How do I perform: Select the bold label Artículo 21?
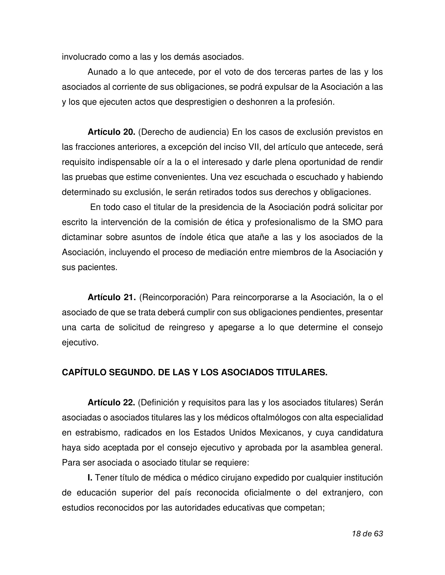click(111, 298)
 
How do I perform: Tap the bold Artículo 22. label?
click(111, 403)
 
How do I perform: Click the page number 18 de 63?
click(367, 534)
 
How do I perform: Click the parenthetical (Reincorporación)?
click(173, 298)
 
